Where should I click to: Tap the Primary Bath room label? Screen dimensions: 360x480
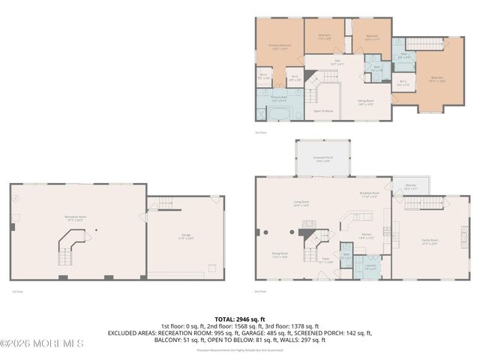point(279,97)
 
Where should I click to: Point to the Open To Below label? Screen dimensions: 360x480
point(324,110)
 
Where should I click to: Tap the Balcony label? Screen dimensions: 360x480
point(409,188)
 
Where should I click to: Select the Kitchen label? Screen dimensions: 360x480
point(367,235)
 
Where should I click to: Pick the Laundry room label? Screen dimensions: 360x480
point(370,266)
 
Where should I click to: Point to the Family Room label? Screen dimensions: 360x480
point(429,241)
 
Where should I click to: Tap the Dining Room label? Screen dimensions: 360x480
point(280,255)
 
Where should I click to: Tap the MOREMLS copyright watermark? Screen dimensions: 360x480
point(43,344)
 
